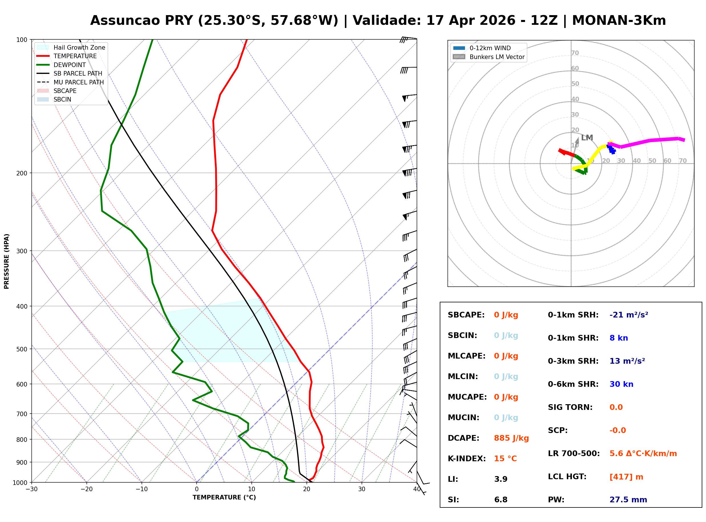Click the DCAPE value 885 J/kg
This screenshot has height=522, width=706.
click(x=511, y=438)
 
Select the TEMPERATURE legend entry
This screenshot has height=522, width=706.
click(x=67, y=56)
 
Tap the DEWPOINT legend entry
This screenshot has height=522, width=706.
click(x=61, y=65)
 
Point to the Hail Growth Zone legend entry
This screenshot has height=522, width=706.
click(x=71, y=47)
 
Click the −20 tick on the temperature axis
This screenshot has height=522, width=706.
click(x=86, y=489)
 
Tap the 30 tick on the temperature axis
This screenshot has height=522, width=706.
click(x=362, y=489)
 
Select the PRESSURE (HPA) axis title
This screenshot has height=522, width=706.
click(x=7, y=261)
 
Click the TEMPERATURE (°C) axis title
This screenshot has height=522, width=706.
click(x=224, y=497)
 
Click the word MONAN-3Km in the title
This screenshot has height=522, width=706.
click(x=619, y=21)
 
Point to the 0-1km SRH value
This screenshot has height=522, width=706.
click(x=629, y=315)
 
